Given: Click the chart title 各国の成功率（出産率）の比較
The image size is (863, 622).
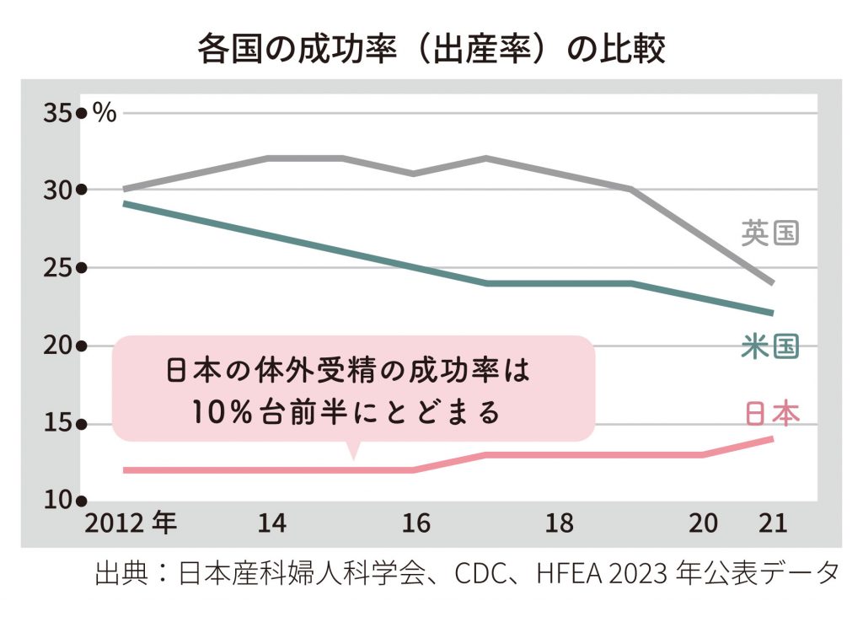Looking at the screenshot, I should tap(431, 48).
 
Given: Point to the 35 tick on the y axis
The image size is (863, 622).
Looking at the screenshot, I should tap(56, 112).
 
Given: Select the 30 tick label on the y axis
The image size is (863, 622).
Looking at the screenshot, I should tap(56, 190).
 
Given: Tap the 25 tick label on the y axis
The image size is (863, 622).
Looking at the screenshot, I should tap(56, 269).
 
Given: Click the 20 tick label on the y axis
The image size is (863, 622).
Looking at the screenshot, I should tap(56, 346).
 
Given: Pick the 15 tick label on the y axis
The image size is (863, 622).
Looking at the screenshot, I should tap(56, 425).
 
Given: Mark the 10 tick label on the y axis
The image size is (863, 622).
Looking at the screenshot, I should tap(56, 500).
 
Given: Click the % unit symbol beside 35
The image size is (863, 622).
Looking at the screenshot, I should tap(105, 113).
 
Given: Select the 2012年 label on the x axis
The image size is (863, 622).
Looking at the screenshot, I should tap(130, 523).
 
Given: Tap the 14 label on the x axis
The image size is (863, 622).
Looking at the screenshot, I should tap(271, 524).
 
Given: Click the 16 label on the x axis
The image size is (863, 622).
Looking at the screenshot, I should tap(415, 524).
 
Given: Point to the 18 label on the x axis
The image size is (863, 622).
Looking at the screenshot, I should tap(559, 524).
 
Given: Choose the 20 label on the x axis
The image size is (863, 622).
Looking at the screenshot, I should tap(703, 524).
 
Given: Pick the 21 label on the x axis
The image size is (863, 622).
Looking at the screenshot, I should tap(772, 524).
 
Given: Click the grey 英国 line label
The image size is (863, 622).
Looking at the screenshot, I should tap(769, 233).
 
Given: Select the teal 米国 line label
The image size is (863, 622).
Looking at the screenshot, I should tap(769, 347).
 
